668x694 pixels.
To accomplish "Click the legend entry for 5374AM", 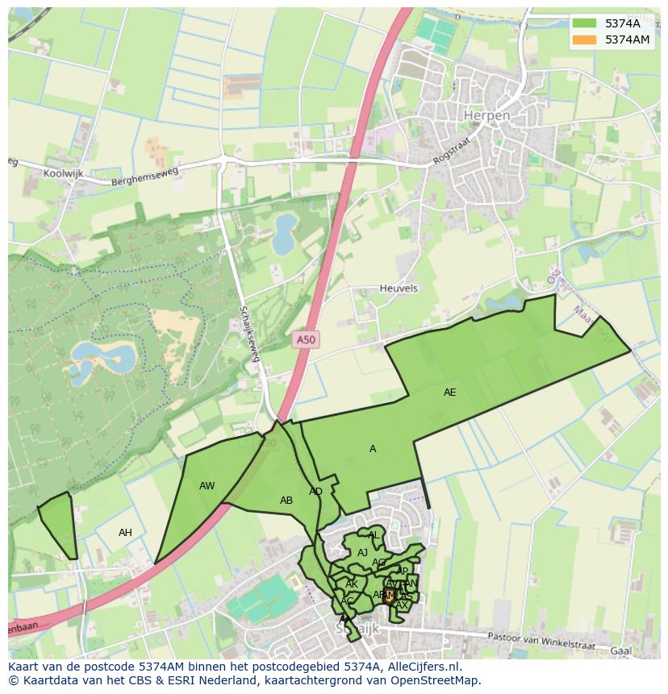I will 627,39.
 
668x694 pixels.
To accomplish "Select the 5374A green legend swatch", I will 584,23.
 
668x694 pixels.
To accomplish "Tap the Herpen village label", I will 487,116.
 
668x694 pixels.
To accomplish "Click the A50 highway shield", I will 306,340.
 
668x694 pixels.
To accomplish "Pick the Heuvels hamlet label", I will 399,289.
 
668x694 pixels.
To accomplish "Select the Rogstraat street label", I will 450,152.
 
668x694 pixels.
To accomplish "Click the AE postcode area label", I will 449,393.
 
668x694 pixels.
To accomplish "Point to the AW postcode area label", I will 207,486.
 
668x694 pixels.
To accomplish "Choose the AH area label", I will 125,533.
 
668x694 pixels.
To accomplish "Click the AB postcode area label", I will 286,501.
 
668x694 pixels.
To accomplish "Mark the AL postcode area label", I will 373,535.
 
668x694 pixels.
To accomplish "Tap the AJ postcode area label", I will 362,553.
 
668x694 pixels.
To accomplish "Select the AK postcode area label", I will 352,584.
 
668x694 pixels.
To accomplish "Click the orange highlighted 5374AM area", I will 390,597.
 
